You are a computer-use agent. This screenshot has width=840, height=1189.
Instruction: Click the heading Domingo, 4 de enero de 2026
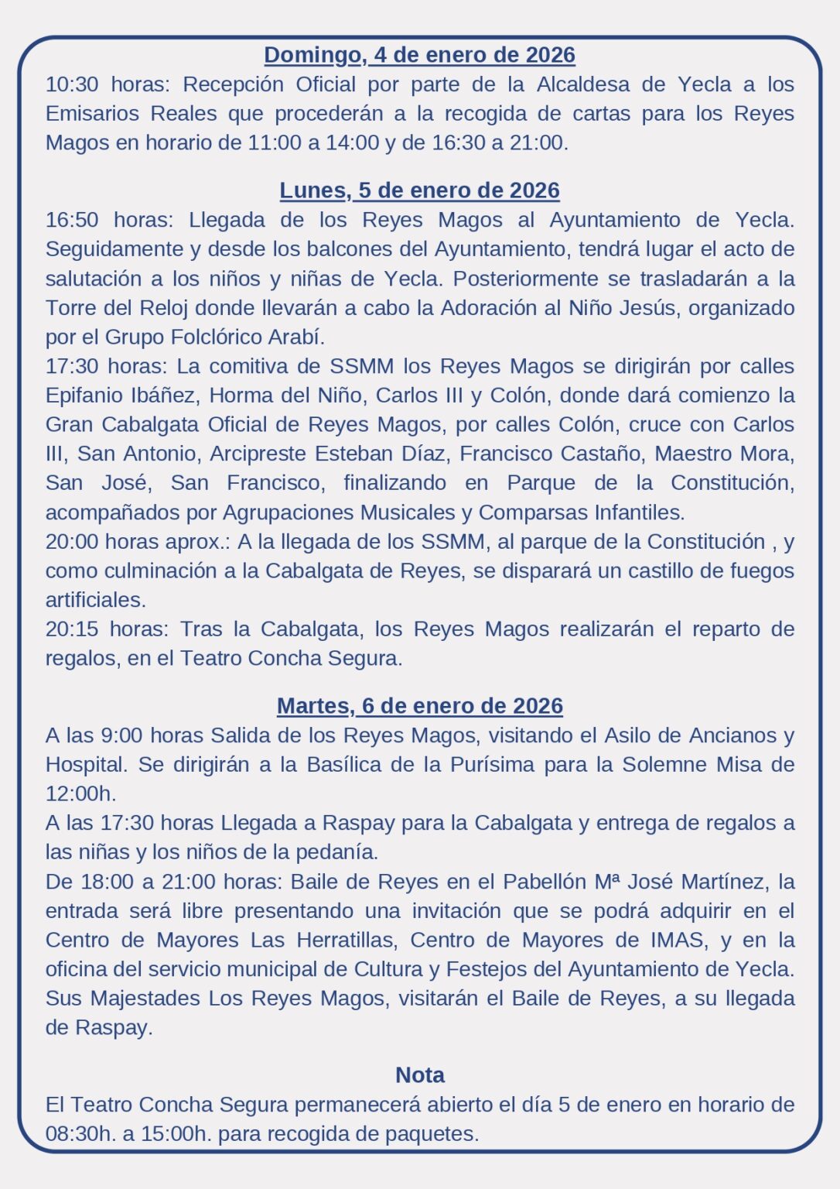point(419,55)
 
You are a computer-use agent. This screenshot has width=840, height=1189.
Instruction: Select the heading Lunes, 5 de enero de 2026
point(419,190)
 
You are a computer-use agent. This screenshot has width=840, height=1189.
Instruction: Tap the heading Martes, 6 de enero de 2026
point(419,706)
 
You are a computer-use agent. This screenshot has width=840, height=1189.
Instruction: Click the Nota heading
point(419,1075)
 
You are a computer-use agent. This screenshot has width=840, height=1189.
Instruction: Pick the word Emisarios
point(93,114)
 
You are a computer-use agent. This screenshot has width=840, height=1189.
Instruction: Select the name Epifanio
point(83,396)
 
